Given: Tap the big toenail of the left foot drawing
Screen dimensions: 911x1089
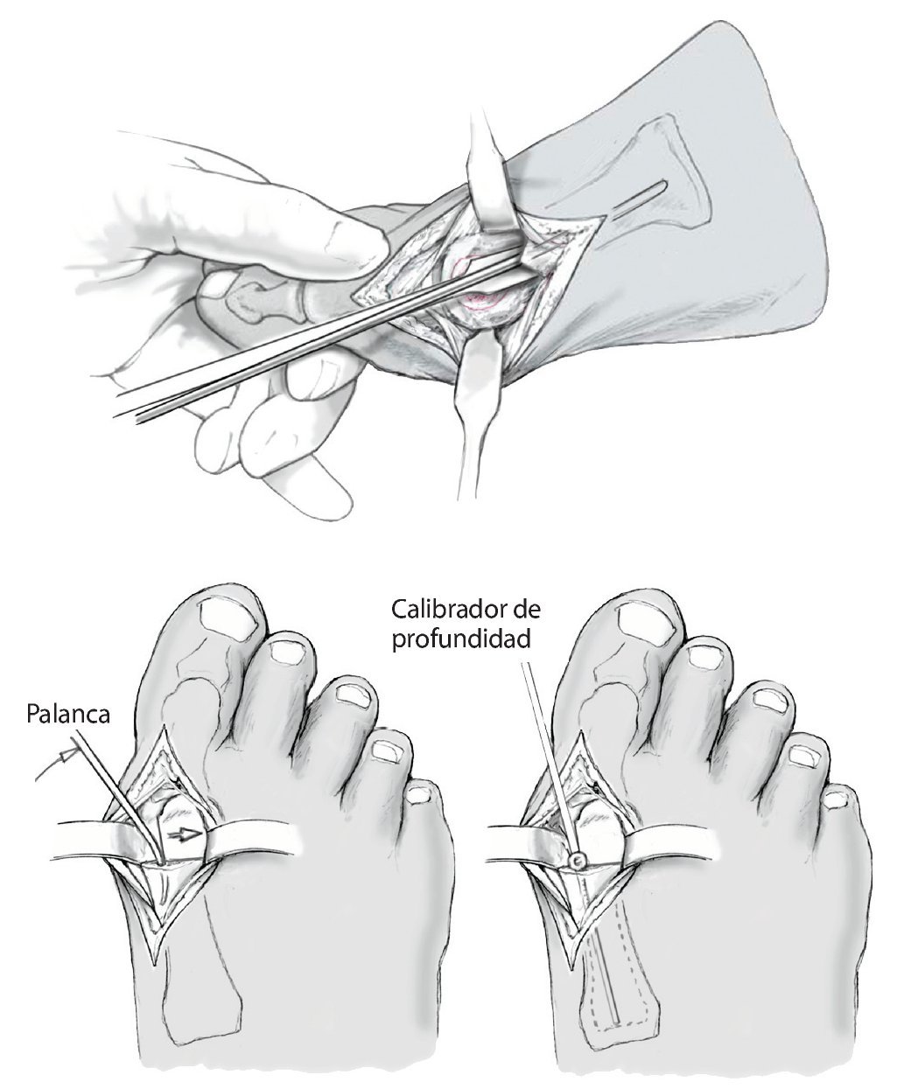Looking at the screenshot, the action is pyautogui.click(x=230, y=622).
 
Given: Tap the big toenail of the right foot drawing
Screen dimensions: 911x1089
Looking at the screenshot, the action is pyautogui.click(x=645, y=622).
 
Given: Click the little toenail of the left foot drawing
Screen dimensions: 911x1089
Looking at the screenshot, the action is pyautogui.click(x=421, y=794).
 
